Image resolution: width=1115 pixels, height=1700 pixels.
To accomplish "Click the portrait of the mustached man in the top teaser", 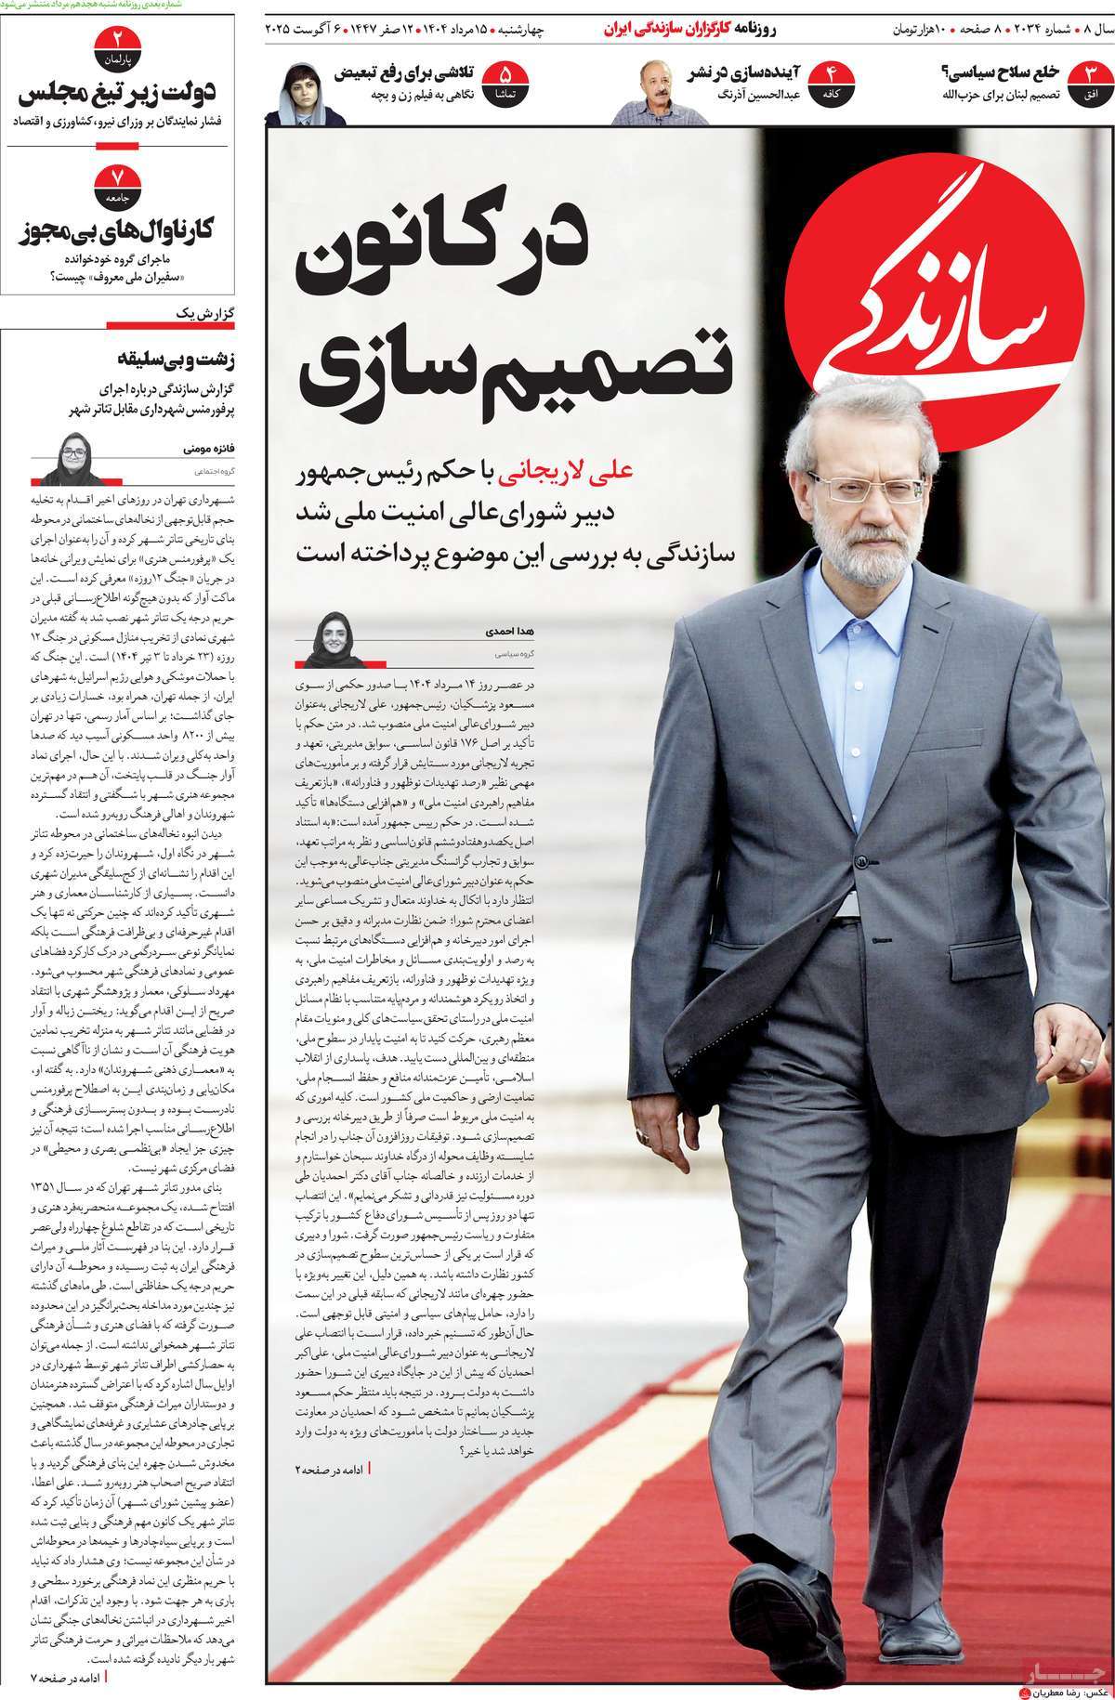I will click(646, 92).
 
